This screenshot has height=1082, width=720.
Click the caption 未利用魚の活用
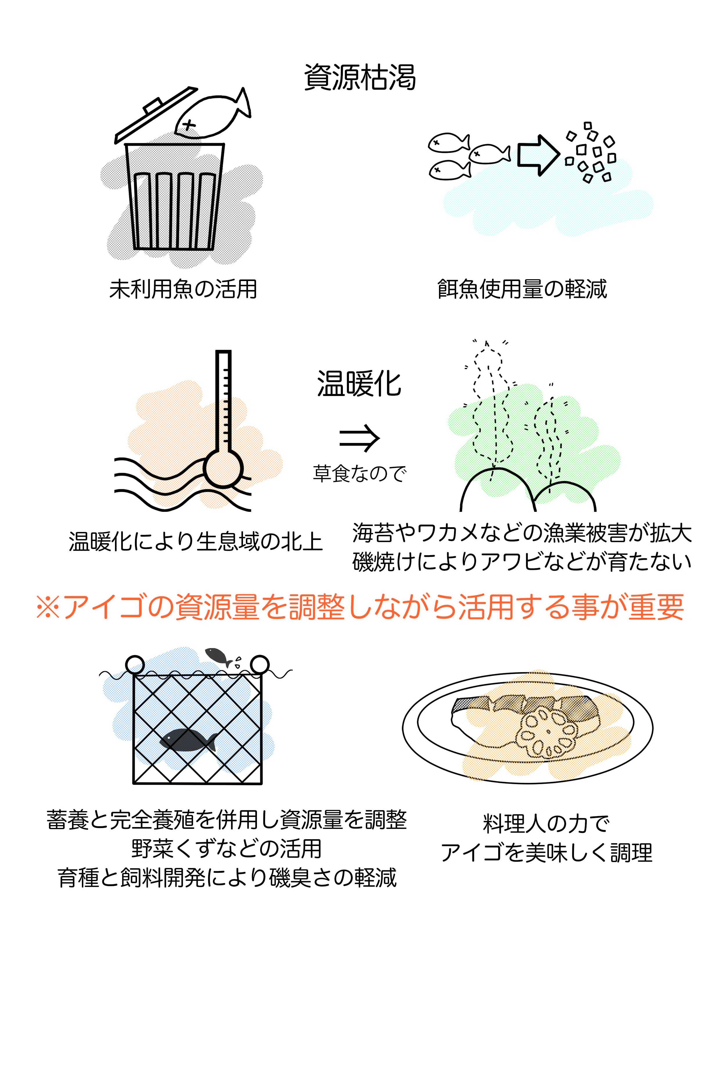pyautogui.click(x=183, y=289)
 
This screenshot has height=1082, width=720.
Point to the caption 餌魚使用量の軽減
pyautogui.click(x=522, y=289)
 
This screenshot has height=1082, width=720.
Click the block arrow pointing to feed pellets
pyautogui.click(x=538, y=155)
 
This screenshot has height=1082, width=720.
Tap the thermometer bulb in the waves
pyautogui.click(x=223, y=468)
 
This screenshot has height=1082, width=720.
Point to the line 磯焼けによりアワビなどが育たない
pyautogui.click(x=522, y=562)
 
